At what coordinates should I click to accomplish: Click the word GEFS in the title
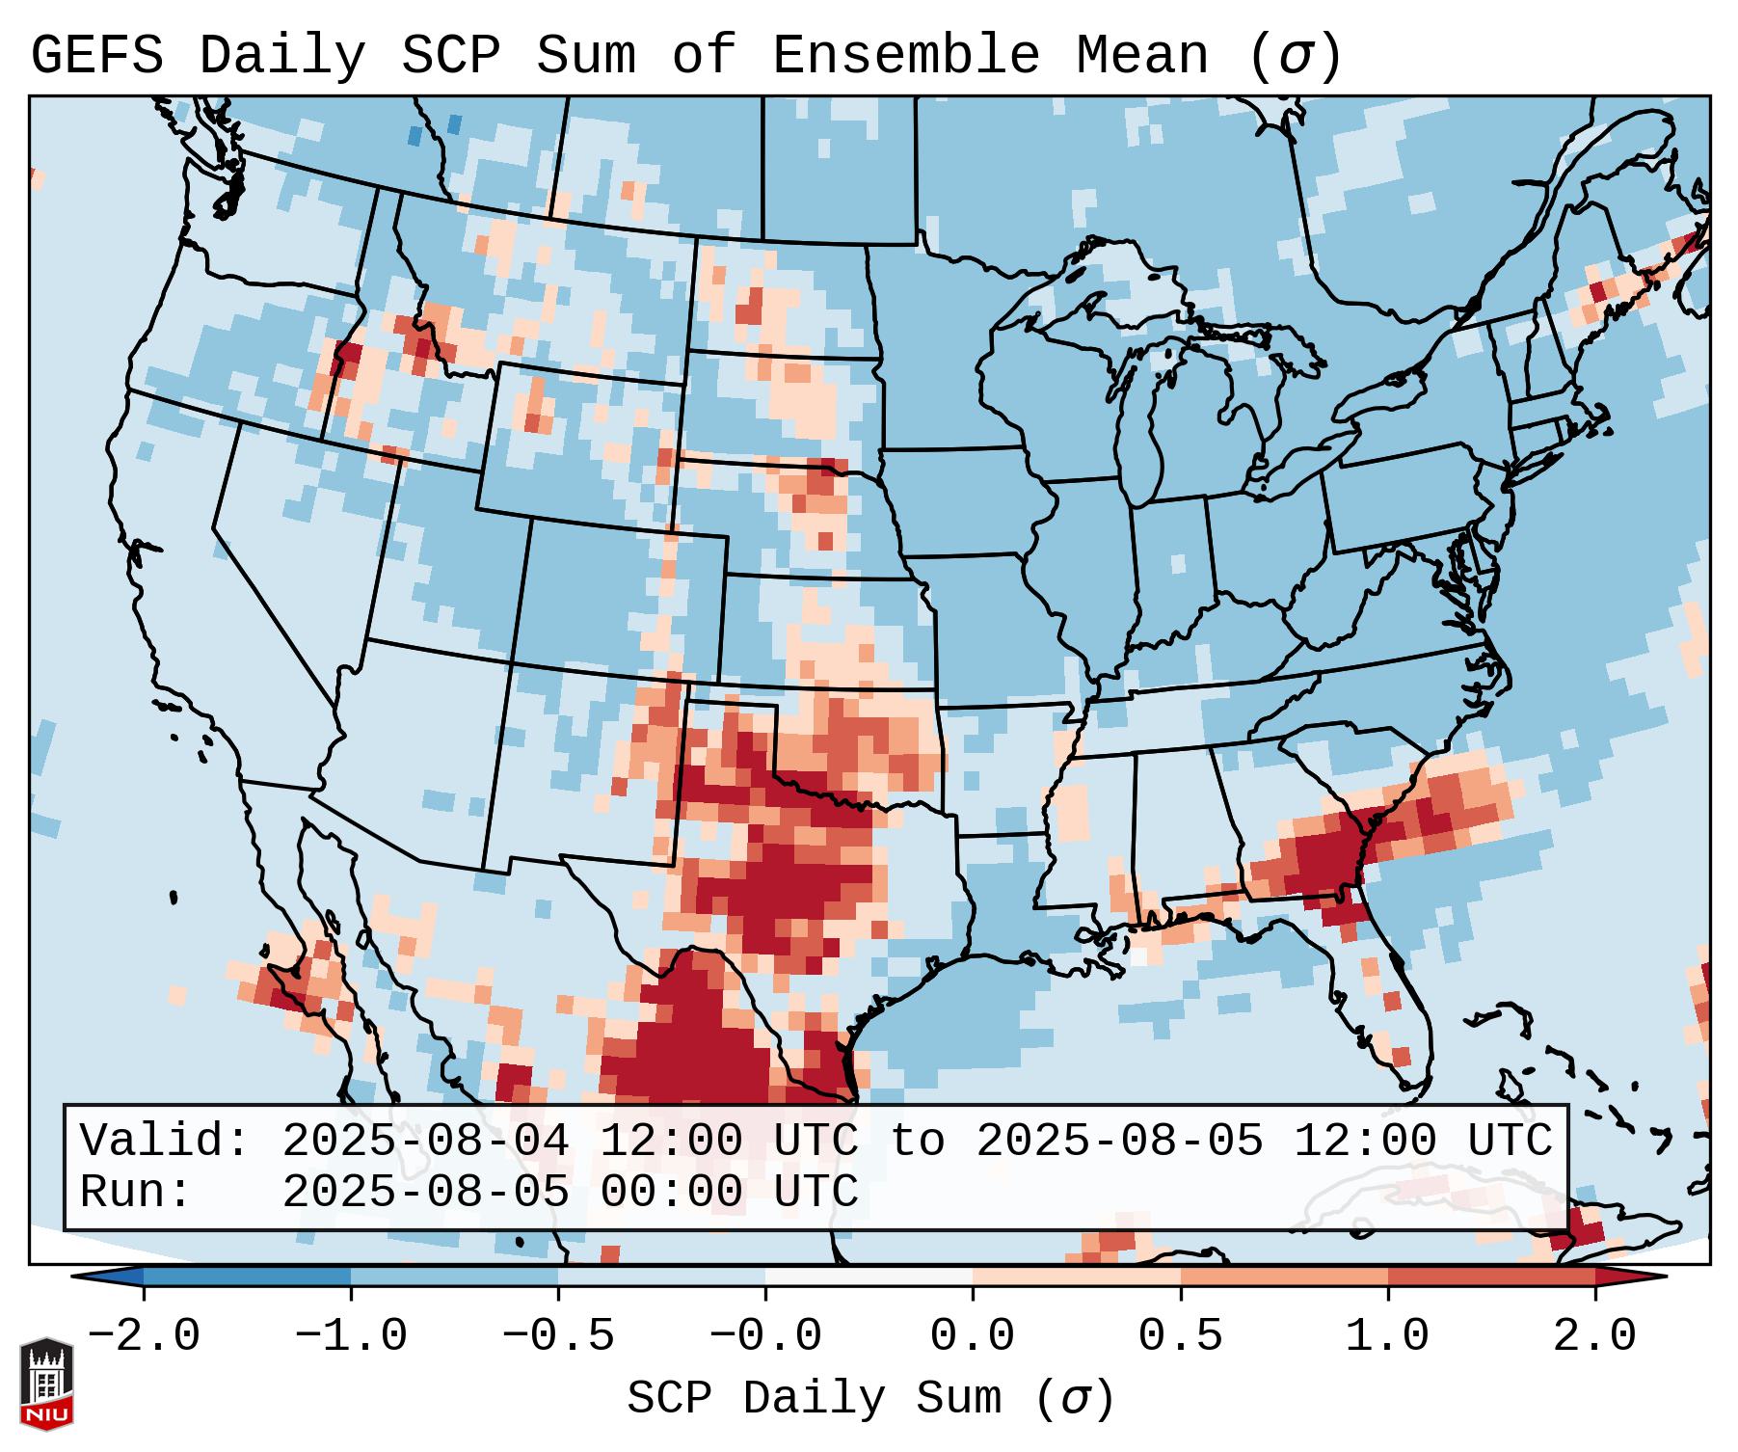tap(96, 56)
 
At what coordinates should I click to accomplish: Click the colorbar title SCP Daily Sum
tap(815, 1399)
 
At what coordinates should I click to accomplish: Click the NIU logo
tap(46, 1384)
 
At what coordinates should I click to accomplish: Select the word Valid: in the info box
tap(165, 1142)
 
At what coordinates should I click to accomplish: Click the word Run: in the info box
tap(136, 1193)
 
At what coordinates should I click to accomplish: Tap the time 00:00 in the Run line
tap(671, 1193)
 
